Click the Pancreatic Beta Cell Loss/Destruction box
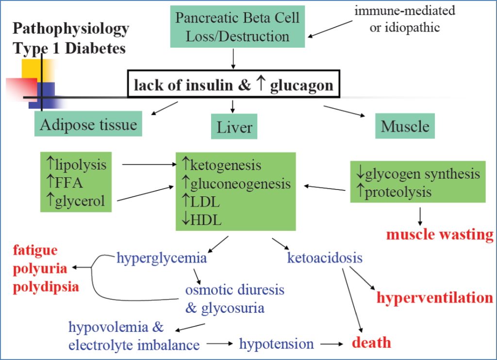[238, 27]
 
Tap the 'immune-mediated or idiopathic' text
[404, 19]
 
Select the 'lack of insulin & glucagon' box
[233, 86]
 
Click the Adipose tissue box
[88, 124]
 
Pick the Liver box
[234, 127]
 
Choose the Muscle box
[405, 126]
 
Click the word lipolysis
[81, 164]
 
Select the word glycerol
[80, 200]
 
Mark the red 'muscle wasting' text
[439, 235]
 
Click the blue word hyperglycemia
[162, 257]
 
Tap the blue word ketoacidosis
[325, 257]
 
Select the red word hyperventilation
[435, 297]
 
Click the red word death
[371, 343]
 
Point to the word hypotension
[276, 344]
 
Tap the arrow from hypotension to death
[331, 344]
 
